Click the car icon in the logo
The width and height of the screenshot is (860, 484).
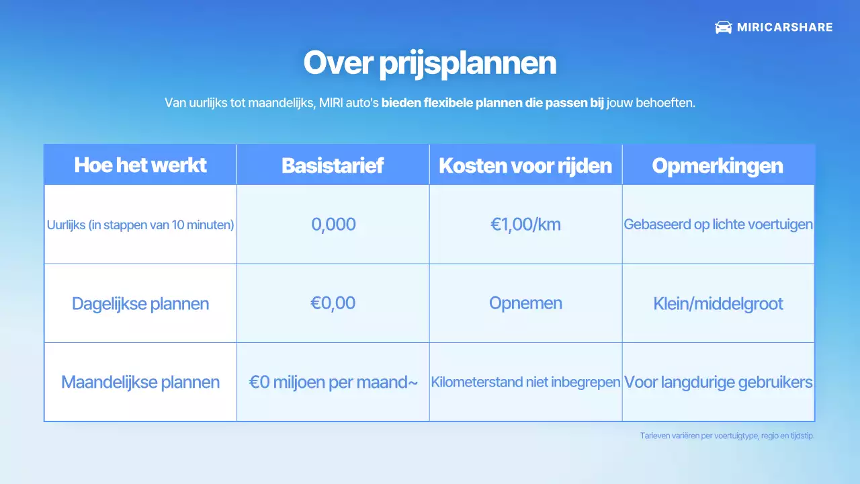[x=723, y=28]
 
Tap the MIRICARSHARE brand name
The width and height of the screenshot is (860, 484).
[x=785, y=28]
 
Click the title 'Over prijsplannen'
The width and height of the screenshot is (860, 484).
[x=429, y=63]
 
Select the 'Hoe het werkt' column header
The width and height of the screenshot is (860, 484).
[x=140, y=165]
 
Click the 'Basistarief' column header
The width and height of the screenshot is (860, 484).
[x=333, y=165]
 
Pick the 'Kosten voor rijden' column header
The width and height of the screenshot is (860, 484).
[x=525, y=165]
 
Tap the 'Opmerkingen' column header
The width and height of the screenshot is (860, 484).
[x=718, y=165]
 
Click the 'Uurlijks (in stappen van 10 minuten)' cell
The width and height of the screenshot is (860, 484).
[x=140, y=225]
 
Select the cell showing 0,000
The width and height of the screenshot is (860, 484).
[x=333, y=225]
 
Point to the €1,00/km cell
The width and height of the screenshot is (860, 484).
[x=525, y=225]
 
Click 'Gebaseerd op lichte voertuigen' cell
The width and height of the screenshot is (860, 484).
[x=718, y=225]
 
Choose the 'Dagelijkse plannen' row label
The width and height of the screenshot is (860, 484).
[x=140, y=304]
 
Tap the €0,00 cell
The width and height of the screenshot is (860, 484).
[x=333, y=303]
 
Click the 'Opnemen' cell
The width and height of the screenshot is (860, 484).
[x=525, y=303]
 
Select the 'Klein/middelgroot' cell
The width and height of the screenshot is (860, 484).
[x=718, y=304]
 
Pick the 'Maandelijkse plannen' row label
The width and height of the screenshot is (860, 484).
[x=140, y=382]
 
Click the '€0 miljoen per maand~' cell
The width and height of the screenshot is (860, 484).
[x=333, y=382]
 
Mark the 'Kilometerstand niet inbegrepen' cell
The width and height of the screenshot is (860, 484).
[x=525, y=382]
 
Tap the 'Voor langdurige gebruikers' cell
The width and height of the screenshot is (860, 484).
[x=718, y=382]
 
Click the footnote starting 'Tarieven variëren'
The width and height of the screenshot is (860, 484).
[x=727, y=436]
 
